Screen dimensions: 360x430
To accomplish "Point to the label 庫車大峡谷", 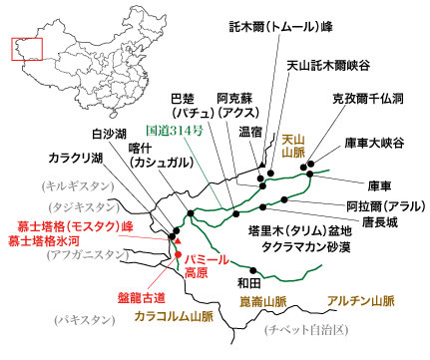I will tap(375, 143).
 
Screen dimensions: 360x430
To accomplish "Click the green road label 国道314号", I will tap(176, 131).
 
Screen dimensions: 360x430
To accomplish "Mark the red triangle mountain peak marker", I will tap(177, 238).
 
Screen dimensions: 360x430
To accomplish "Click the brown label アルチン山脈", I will tap(362, 299).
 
